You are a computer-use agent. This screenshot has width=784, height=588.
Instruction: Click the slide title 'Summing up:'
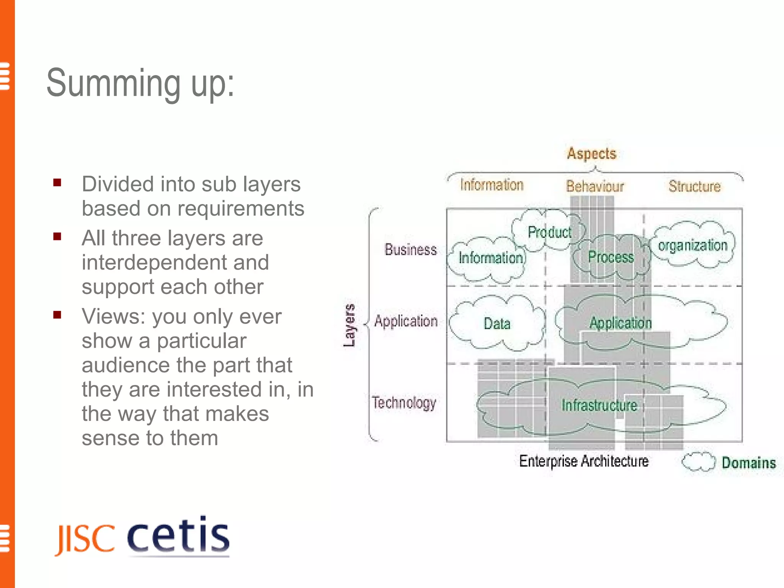[x=140, y=83]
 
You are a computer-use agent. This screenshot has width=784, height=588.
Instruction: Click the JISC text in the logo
[x=85, y=539]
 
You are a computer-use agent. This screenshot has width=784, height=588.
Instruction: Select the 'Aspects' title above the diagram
[x=591, y=154]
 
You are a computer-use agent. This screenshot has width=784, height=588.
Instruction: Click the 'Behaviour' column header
[x=595, y=186]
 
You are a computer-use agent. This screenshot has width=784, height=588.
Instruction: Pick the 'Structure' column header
[x=694, y=186]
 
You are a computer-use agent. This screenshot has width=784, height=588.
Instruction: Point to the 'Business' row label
[x=411, y=250]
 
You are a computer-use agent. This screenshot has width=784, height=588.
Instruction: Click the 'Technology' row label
[x=404, y=403]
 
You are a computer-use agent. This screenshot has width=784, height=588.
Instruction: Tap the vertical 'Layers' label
[x=349, y=325]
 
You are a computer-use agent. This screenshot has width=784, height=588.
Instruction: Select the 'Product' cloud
[x=549, y=232]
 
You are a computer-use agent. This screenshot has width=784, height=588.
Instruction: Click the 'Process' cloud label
[x=611, y=257]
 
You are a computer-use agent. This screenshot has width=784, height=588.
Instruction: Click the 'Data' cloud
[x=497, y=324]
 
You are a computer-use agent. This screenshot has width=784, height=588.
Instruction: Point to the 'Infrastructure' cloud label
[x=599, y=405]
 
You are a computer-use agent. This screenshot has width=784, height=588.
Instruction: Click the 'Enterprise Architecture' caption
[x=584, y=461]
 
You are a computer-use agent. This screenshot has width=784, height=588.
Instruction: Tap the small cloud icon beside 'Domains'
[x=698, y=462]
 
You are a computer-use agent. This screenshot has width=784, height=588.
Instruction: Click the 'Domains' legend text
[x=748, y=463]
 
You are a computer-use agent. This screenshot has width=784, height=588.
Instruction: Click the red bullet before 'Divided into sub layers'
[x=57, y=183]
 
